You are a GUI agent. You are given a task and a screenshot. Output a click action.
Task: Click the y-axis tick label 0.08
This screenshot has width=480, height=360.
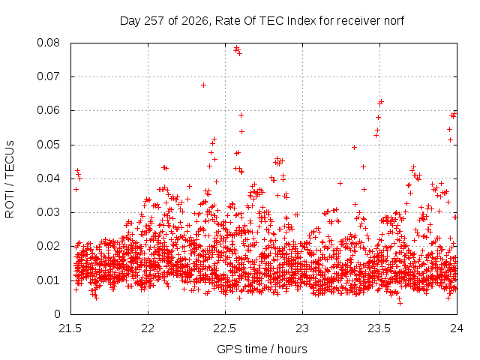48,43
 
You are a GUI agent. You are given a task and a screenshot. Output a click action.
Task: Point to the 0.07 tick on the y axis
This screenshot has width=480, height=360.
48,76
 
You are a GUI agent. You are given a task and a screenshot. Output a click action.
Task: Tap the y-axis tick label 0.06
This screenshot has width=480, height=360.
48,110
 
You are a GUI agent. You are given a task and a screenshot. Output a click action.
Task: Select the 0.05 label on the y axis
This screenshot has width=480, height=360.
48,145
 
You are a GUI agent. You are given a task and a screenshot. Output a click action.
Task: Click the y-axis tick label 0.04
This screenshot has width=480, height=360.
48,178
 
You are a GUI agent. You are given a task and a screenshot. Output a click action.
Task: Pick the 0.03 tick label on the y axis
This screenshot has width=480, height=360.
48,212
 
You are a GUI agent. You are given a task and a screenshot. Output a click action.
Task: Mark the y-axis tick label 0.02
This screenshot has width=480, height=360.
48,247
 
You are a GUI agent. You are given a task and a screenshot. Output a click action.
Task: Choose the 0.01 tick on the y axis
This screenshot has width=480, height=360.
48,280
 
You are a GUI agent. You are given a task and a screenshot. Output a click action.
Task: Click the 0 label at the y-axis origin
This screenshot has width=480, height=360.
57,314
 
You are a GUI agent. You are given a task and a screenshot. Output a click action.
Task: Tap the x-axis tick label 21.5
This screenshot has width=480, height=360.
70,328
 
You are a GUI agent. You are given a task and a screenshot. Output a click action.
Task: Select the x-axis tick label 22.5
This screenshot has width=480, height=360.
225,328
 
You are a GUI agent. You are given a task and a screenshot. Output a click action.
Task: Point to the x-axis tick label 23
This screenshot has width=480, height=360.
302,328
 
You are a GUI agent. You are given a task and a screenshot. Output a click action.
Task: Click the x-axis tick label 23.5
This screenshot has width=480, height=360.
379,328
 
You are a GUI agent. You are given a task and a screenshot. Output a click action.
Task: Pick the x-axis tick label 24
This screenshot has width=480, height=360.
457,328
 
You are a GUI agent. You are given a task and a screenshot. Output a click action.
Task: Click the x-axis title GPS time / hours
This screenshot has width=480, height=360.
262,349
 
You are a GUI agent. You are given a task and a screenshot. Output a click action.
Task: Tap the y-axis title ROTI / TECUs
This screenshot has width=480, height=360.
10,179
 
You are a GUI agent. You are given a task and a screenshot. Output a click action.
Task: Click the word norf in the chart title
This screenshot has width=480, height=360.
394,21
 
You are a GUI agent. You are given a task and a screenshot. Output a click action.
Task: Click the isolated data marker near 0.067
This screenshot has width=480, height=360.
203,85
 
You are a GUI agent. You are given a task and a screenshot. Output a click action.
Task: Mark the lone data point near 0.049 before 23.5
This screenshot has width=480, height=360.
354,148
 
